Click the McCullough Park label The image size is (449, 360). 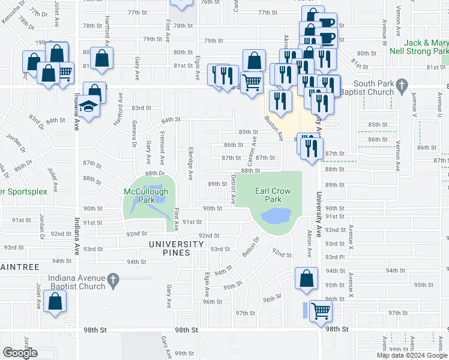coord(146,195)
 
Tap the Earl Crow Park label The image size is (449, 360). coord(273,195)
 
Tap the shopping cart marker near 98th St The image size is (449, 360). coord(321,311)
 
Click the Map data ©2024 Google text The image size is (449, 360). coord(412,355)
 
